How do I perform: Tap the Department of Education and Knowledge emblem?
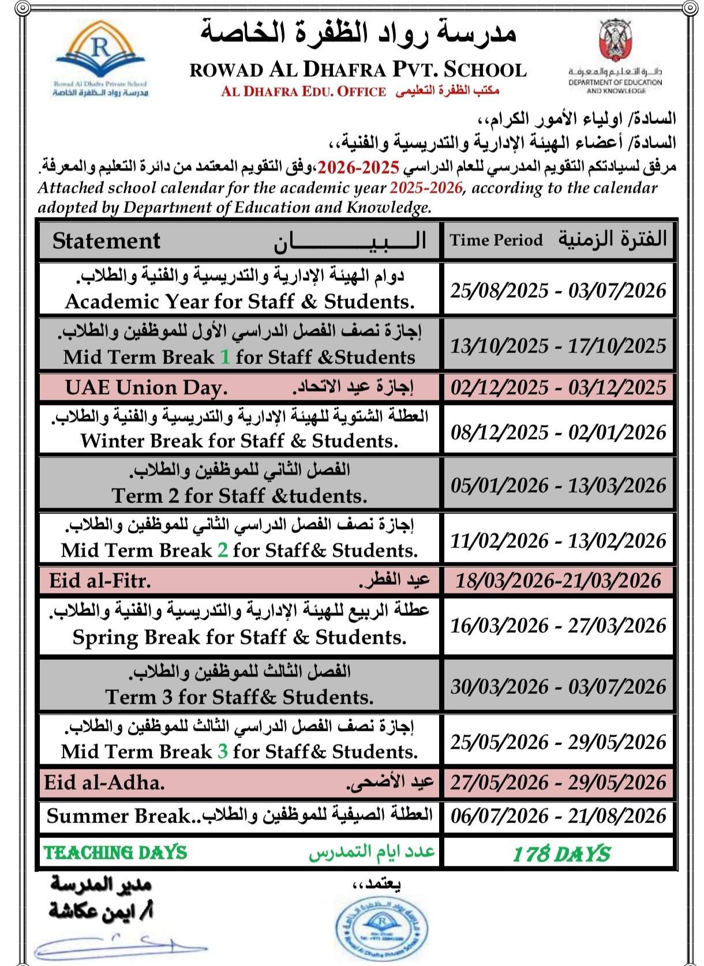tap(615, 42)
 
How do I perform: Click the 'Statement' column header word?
tap(106, 241)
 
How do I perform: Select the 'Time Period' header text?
tap(496, 240)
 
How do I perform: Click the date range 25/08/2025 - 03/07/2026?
tap(558, 290)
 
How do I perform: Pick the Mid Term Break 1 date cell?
tap(558, 345)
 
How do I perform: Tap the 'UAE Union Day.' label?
tap(146, 388)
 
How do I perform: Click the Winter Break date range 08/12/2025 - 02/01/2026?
tap(558, 432)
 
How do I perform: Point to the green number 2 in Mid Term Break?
tap(223, 550)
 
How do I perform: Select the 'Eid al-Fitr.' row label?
tap(100, 581)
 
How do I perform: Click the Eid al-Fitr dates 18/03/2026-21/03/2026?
tap(558, 581)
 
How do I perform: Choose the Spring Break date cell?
tap(558, 626)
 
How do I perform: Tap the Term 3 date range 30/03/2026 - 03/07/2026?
tap(558, 686)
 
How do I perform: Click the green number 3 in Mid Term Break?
tap(223, 751)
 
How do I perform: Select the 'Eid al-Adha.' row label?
tap(104, 783)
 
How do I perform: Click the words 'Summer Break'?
tap(118, 816)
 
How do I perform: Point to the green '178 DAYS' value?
tap(561, 854)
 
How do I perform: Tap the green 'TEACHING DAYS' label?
tap(115, 853)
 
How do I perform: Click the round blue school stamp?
tap(381, 928)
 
